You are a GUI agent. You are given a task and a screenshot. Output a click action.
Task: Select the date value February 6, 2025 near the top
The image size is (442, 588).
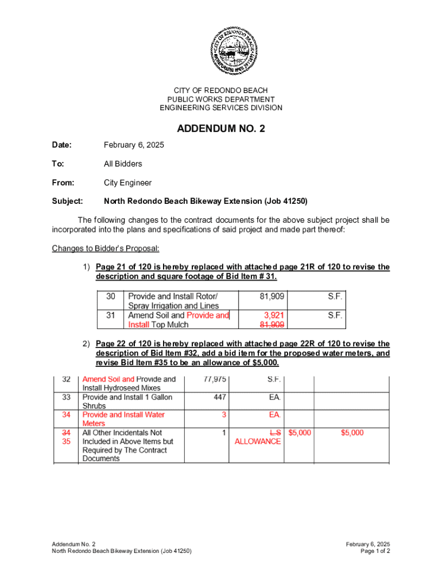(x=134, y=145)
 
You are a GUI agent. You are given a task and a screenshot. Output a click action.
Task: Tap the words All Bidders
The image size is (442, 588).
(x=123, y=164)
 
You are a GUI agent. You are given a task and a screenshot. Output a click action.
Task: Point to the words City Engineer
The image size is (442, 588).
(x=127, y=183)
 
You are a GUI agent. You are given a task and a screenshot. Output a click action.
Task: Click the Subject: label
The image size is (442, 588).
(x=68, y=202)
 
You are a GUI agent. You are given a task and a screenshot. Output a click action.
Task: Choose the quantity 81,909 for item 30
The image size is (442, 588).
(x=272, y=297)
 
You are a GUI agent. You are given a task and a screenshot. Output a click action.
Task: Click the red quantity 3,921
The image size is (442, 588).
(x=274, y=315)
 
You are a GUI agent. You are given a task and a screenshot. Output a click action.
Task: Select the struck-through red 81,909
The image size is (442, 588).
(x=272, y=324)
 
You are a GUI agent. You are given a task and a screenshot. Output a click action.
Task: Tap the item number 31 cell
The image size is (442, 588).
(x=111, y=315)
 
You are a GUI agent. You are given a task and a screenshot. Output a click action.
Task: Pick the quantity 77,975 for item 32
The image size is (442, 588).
(x=215, y=379)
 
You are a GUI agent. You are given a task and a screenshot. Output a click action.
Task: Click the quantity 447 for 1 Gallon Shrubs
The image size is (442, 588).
(x=220, y=397)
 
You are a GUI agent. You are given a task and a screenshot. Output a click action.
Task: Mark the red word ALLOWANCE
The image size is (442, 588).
(x=258, y=442)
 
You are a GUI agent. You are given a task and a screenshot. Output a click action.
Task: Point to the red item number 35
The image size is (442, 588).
(x=66, y=442)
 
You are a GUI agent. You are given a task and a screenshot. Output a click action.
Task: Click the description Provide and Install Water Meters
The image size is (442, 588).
(x=123, y=419)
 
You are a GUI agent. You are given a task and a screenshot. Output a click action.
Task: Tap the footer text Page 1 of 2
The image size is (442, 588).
(x=375, y=551)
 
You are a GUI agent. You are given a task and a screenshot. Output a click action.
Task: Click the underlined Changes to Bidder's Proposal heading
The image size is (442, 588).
(x=106, y=249)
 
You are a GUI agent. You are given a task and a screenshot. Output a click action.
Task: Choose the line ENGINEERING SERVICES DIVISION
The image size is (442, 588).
(x=221, y=108)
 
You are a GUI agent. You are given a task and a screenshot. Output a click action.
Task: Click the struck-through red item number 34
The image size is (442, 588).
(x=66, y=432)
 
